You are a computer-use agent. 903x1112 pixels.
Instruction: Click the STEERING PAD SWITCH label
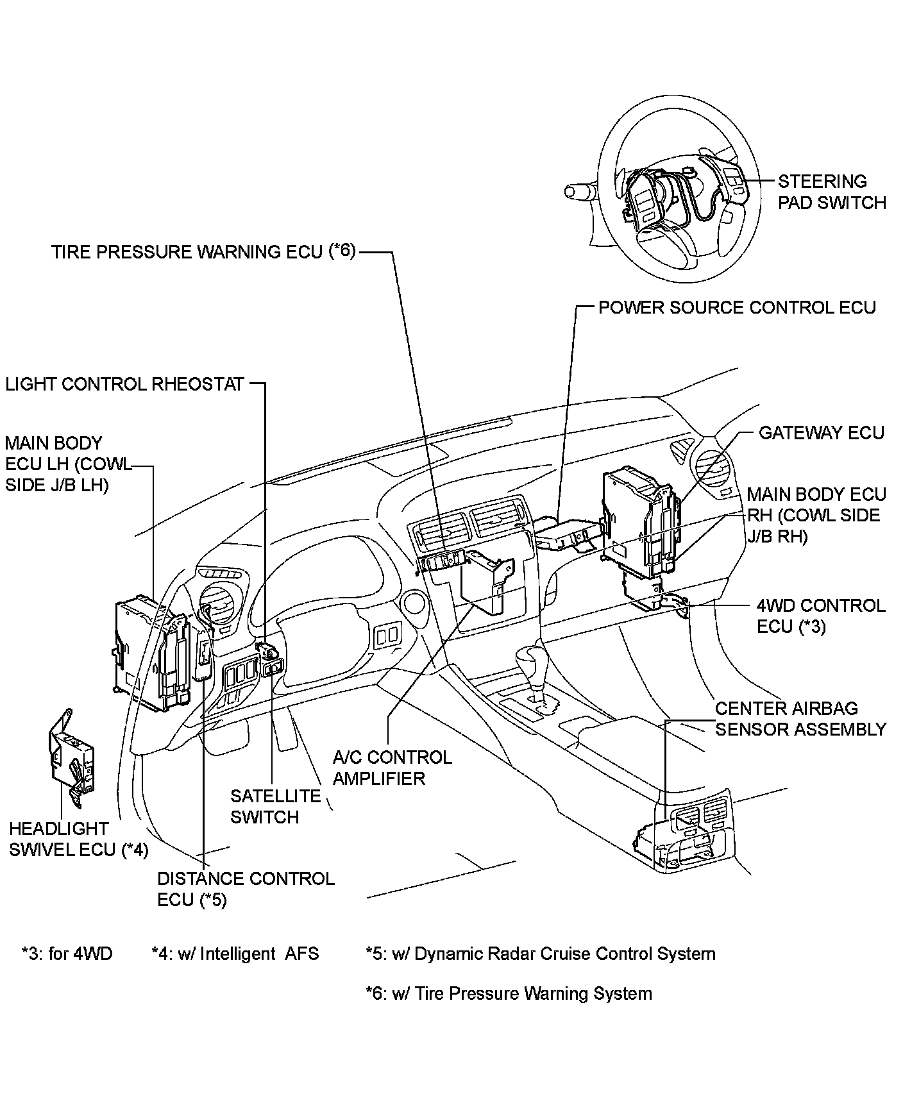(832, 192)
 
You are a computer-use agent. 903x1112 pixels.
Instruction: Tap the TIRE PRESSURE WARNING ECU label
(203, 251)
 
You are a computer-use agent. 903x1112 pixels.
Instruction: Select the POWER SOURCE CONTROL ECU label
(737, 307)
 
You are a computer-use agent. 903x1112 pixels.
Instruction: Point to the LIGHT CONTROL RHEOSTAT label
(125, 384)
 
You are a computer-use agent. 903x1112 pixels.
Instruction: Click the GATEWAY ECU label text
(822, 433)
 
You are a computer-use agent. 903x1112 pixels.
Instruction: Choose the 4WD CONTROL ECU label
(821, 616)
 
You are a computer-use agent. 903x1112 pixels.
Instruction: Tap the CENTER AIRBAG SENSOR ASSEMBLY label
(801, 719)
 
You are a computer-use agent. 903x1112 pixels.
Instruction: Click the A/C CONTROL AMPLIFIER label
(392, 768)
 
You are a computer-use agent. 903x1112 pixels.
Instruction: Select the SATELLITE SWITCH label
(275, 807)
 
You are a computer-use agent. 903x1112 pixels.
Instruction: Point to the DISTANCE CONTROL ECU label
(246, 889)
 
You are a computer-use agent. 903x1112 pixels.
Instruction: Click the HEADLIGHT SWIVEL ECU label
(78, 839)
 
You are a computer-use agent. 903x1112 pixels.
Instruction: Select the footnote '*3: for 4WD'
(67, 954)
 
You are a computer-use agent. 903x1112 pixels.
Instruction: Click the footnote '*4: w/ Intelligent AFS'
(235, 954)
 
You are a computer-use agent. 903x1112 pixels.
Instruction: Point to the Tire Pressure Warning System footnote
(509, 993)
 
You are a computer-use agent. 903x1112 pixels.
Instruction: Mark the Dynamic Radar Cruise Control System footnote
(541, 954)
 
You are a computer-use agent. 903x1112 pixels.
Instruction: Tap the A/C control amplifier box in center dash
(486, 580)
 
